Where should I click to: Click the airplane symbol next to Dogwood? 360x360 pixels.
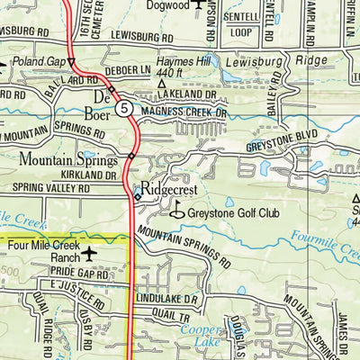[x=199, y=6]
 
